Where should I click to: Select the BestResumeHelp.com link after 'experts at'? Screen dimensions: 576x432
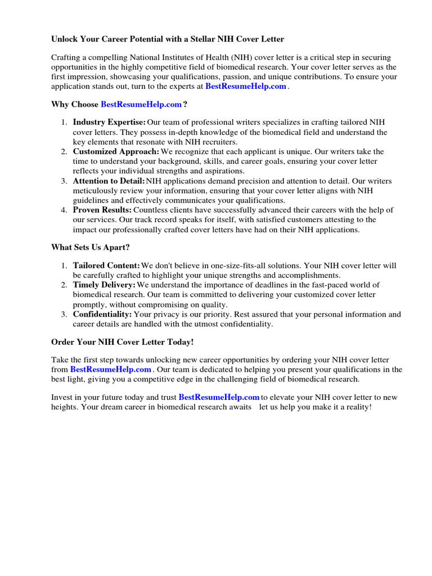(x=246, y=87)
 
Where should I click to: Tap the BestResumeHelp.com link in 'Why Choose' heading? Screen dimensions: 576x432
(x=141, y=105)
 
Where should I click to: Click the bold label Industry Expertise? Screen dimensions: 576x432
(x=109, y=123)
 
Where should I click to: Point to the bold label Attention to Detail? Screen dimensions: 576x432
(x=109, y=181)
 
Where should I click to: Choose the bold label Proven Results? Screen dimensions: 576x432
(x=102, y=210)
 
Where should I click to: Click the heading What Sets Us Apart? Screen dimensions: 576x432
(x=90, y=247)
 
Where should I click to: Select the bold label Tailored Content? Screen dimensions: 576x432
(x=106, y=265)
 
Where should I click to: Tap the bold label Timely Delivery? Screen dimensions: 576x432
(x=104, y=285)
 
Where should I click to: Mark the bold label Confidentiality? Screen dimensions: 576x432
(x=102, y=314)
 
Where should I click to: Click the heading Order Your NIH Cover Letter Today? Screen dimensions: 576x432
(x=122, y=342)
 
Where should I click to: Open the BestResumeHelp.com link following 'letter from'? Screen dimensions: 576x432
(x=111, y=370)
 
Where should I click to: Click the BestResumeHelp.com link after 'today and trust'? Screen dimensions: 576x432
(x=219, y=397)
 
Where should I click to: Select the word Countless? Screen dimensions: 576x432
(x=150, y=210)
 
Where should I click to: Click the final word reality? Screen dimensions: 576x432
(x=356, y=407)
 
